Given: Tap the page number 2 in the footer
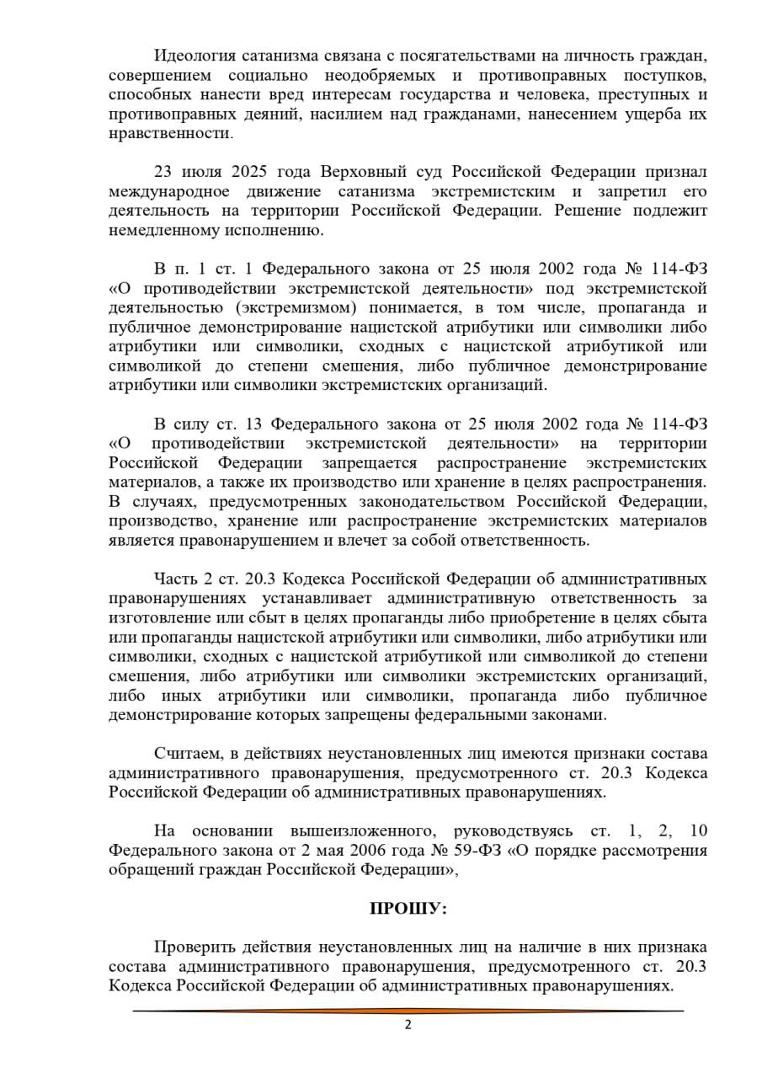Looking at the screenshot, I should click(x=408, y=1025).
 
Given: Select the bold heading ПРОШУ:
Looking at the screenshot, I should click(x=408, y=909).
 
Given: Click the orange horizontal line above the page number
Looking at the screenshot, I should click(x=408, y=1011).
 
